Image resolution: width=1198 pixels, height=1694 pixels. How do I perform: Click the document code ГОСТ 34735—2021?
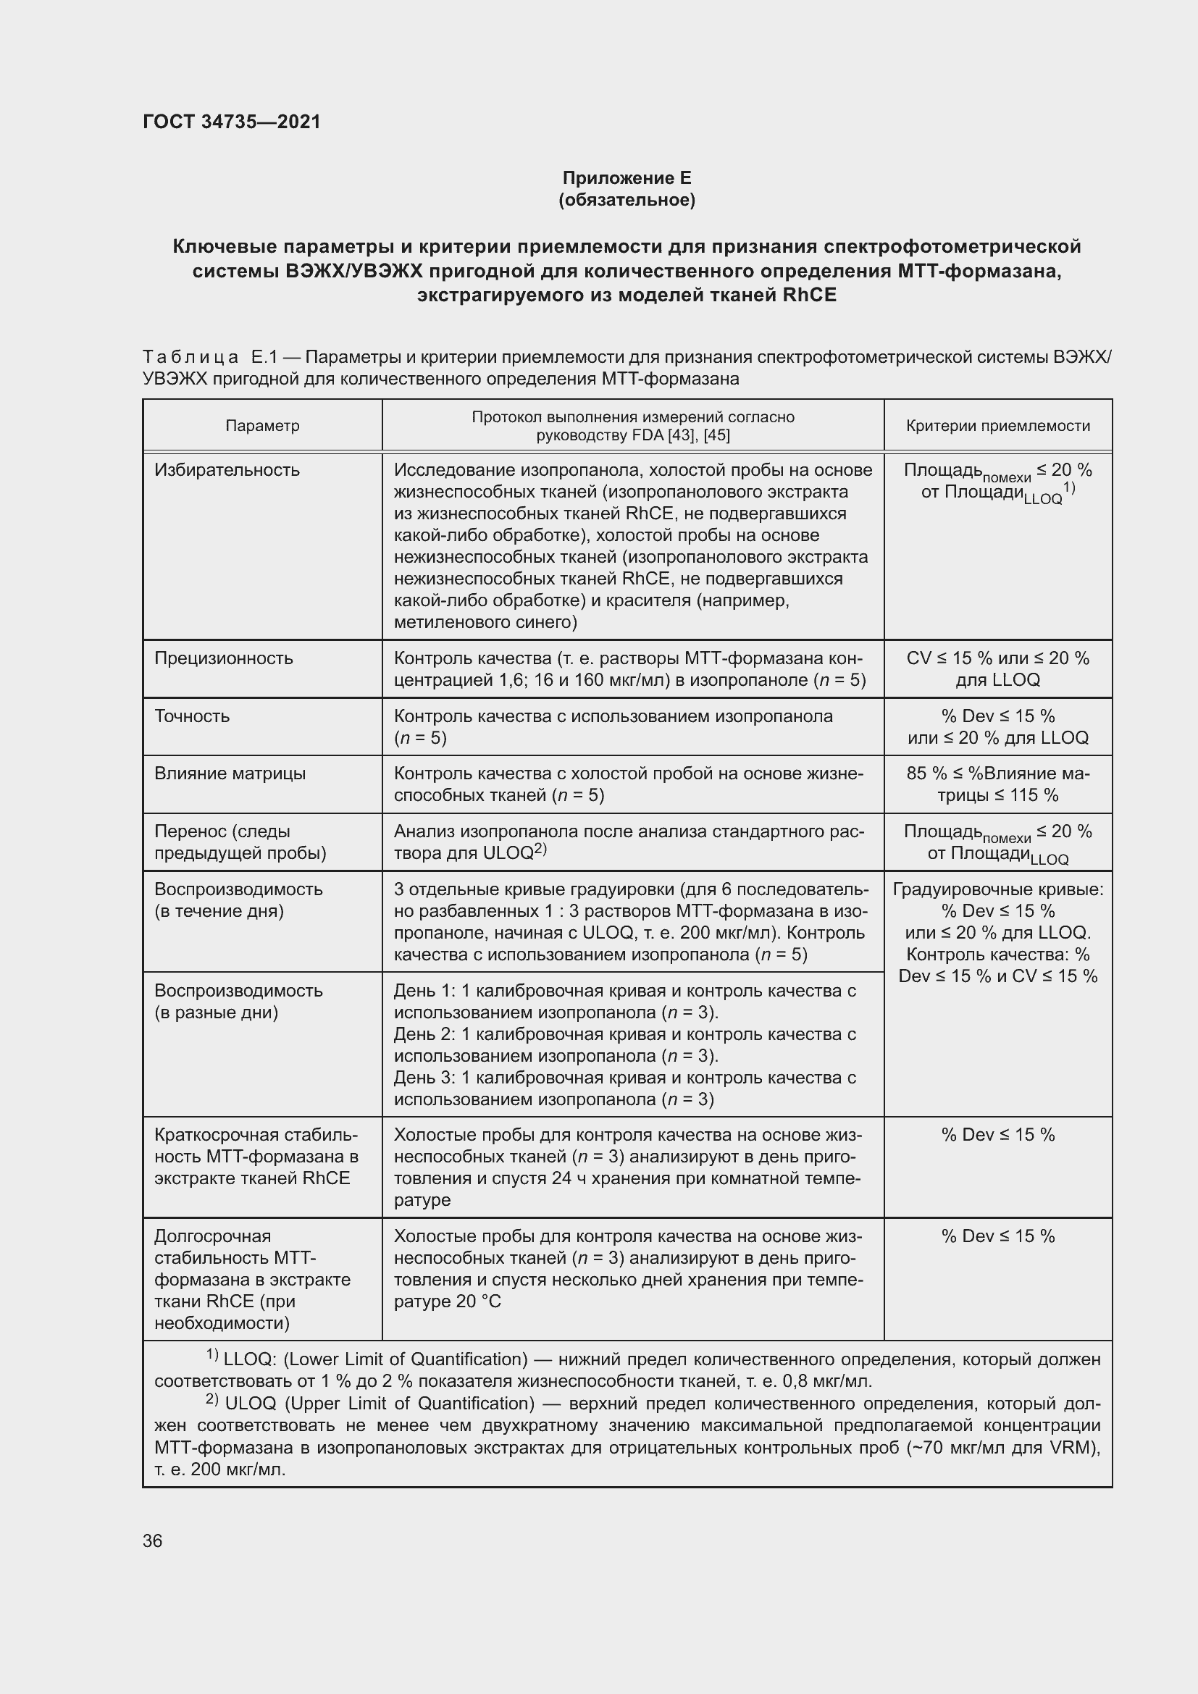tap(232, 122)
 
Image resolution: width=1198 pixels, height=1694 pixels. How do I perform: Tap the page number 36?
tap(153, 1540)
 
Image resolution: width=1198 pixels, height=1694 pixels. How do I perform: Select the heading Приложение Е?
tap(627, 178)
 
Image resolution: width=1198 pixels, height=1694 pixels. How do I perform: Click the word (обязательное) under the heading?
tap(627, 200)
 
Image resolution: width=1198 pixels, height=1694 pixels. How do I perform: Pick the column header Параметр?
tap(263, 426)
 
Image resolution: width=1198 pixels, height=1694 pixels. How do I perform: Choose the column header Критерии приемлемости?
tap(997, 426)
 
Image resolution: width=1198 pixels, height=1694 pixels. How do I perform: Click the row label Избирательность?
tap(227, 470)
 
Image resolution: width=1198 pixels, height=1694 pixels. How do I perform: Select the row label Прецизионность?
tap(224, 658)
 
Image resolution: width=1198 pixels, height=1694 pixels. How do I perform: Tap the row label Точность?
tap(192, 716)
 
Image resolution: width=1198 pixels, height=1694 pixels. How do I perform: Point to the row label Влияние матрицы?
tap(230, 773)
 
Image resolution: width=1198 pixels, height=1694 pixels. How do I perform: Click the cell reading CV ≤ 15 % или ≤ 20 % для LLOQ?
tap(997, 668)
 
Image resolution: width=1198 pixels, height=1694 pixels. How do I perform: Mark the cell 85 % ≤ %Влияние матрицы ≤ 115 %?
tap(997, 784)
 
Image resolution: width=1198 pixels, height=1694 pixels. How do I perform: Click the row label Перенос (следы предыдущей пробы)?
tap(240, 842)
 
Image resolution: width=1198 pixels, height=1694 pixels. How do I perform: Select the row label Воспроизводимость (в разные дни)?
tap(238, 1001)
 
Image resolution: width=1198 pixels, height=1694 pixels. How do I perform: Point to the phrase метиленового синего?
tap(485, 622)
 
